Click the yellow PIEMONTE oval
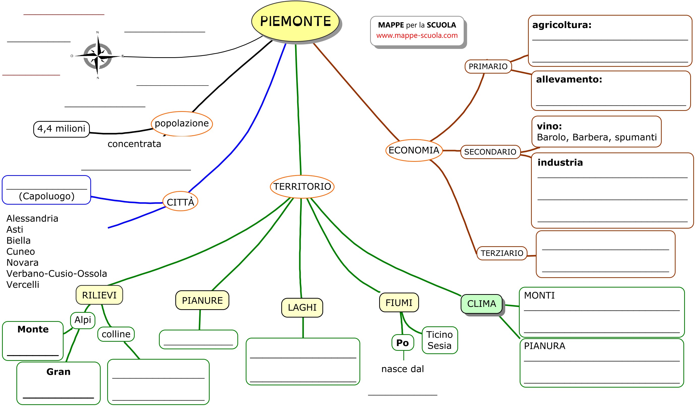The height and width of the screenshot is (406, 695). pos(295,21)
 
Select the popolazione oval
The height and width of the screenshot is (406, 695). pos(182,124)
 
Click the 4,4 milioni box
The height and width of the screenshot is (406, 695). pos(61,129)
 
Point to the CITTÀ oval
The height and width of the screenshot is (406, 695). pos(180,201)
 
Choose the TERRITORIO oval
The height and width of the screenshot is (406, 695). pos(302,186)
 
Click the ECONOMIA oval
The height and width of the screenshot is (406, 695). pos(414,150)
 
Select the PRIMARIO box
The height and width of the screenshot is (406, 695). pos(488,66)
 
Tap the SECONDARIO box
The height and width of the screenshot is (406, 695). pos(490,152)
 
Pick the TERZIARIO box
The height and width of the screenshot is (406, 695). pos(502,253)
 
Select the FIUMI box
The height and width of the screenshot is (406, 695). pos(399,302)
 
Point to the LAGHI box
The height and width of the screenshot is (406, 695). pos(302,307)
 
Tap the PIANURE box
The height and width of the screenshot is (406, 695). pos(202,300)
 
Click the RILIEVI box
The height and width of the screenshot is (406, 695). pos(99,295)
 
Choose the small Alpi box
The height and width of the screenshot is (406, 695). pos(83,320)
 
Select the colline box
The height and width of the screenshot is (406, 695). pos(116,334)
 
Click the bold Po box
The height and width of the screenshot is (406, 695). pos(402,343)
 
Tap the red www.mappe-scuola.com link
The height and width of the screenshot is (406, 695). pos(417,36)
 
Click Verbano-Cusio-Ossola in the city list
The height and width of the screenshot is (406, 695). pos(57,273)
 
